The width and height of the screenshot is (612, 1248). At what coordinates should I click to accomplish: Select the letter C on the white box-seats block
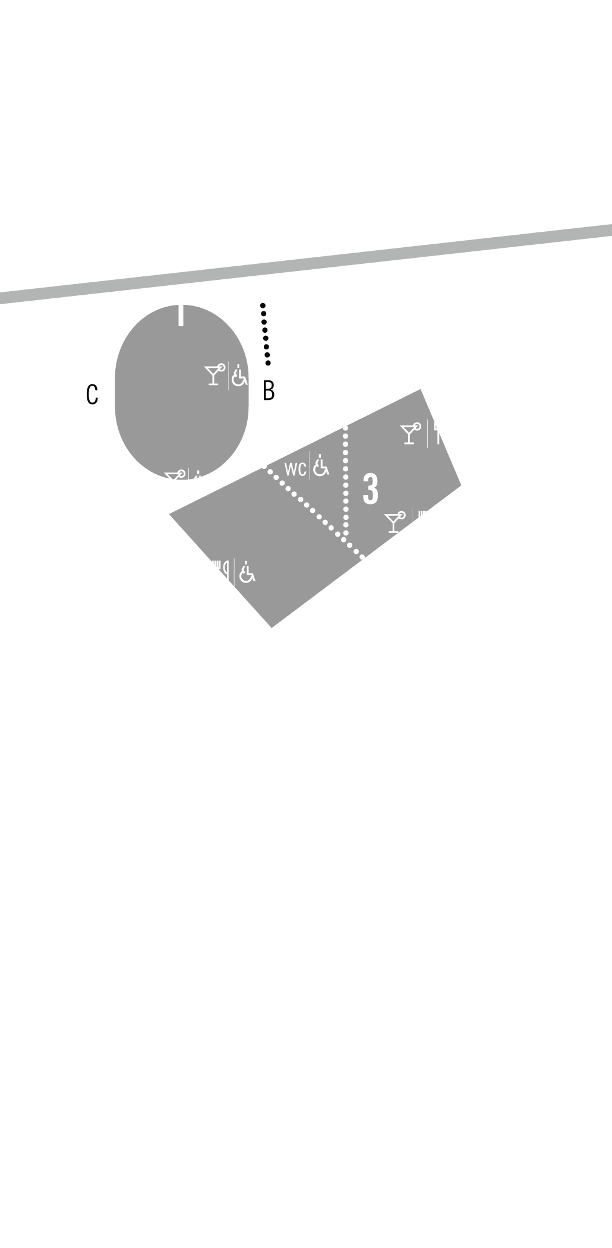click(x=92, y=395)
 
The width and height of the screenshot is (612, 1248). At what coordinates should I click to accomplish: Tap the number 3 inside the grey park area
click(x=370, y=490)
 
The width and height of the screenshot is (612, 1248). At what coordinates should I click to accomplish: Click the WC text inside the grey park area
click(x=295, y=469)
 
